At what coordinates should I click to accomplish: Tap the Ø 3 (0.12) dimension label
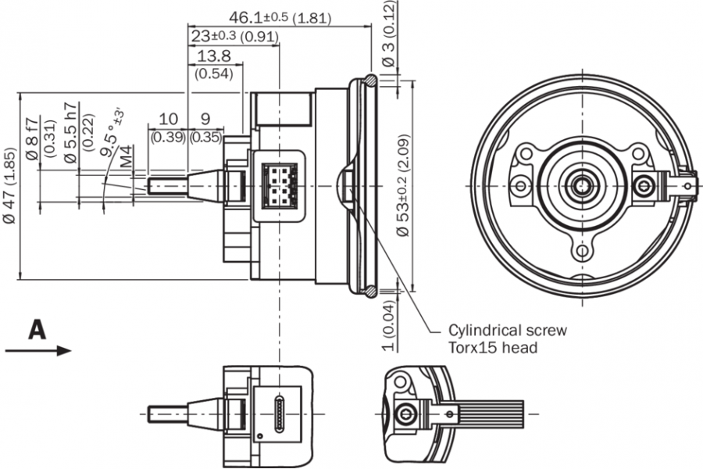coord(388,36)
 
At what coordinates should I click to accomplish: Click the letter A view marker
coord(36,330)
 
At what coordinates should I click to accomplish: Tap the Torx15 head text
coord(493,347)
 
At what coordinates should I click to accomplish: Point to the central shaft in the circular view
coord(582,184)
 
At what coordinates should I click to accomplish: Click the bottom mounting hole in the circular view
coord(581,252)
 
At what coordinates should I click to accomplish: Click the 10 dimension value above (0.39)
coord(168,119)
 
